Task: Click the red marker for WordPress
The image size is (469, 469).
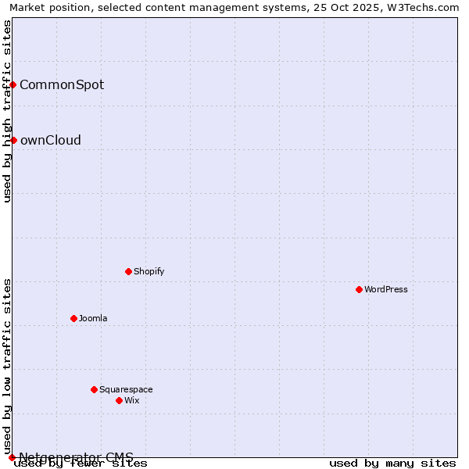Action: click(x=359, y=289)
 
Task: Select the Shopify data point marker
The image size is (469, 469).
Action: click(x=128, y=271)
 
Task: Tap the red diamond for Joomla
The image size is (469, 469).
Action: click(x=73, y=318)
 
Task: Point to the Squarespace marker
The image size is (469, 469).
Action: click(x=94, y=389)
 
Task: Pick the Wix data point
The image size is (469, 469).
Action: click(x=119, y=400)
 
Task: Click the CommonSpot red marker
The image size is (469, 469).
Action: click(x=13, y=84)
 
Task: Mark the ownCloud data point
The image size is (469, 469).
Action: click(x=13, y=140)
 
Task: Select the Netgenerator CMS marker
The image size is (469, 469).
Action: click(x=12, y=457)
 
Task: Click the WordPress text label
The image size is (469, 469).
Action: click(x=386, y=289)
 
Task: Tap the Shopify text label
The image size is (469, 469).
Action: click(x=149, y=271)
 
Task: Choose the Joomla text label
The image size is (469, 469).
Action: click(x=93, y=318)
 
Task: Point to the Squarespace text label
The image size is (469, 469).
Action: click(x=126, y=389)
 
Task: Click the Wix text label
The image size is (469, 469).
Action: click(x=131, y=400)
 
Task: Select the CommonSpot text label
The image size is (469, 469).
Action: click(x=62, y=84)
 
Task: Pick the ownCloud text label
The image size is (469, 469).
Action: click(x=50, y=141)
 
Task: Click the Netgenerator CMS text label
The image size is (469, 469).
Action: click(x=76, y=457)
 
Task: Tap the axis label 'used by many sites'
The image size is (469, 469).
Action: click(x=392, y=464)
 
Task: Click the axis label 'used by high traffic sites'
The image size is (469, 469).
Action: click(x=7, y=111)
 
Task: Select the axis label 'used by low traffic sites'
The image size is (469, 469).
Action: click(x=7, y=366)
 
